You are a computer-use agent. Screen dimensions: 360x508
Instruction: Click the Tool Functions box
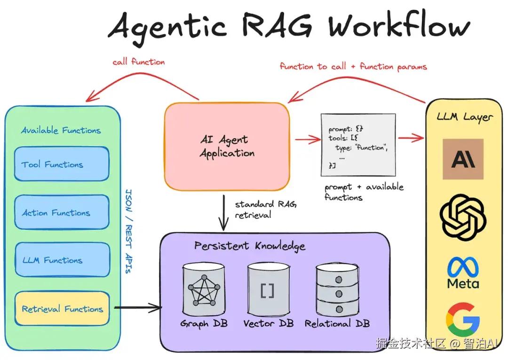(x=62, y=164)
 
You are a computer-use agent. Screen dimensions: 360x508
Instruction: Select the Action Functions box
(x=62, y=212)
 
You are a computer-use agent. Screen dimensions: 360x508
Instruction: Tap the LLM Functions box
(x=62, y=260)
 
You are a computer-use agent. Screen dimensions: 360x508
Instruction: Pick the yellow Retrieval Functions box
(x=62, y=309)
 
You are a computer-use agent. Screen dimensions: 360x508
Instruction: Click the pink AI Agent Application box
(x=227, y=147)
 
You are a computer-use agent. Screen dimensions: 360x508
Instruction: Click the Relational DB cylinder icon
(x=337, y=290)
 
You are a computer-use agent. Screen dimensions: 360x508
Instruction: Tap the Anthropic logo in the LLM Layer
(x=463, y=159)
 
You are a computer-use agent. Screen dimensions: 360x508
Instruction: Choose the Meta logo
(x=463, y=273)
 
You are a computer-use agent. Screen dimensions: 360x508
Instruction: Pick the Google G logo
(x=463, y=319)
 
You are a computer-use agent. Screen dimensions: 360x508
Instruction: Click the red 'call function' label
(x=138, y=62)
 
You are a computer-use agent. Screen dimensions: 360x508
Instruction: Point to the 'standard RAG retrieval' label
(x=266, y=210)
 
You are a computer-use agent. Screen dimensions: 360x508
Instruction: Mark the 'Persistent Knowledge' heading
(x=250, y=246)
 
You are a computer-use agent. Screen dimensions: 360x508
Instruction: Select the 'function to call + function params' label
(x=353, y=66)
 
